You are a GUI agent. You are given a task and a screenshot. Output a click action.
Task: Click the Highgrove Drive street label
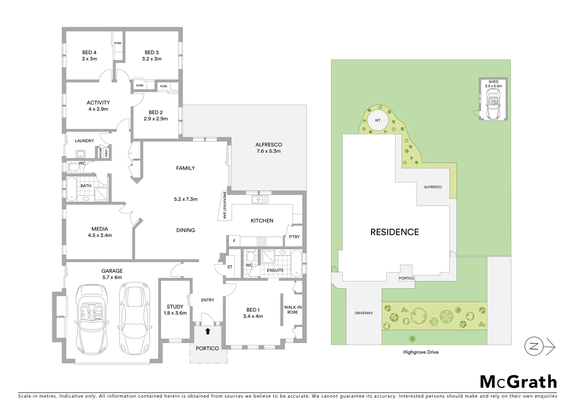pos(421,352)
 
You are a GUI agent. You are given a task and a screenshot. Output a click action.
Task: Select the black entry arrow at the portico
pos(207,331)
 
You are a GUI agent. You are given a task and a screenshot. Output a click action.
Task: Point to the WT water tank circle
pos(377,120)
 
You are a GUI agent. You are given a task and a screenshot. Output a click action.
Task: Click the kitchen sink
pos(260,200)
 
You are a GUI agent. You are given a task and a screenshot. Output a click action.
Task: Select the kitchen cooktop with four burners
pos(261,241)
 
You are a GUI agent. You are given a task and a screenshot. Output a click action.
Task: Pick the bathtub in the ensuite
pos(297,262)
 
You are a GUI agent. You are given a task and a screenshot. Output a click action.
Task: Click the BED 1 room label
pos(253,310)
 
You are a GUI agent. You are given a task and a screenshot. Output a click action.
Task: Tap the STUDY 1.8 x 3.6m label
pos(175,310)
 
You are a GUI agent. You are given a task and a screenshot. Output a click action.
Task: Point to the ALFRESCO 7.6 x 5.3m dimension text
pos(268,151)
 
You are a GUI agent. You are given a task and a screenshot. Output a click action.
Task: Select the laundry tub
pos(81,154)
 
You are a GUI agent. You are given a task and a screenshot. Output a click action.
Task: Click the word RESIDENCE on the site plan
pos(395,232)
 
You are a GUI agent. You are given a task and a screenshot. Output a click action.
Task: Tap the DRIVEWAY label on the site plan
pos(363,313)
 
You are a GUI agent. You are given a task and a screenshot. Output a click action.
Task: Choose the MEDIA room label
pos(100,229)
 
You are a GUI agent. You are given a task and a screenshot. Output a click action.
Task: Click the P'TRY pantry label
pos(294,237)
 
